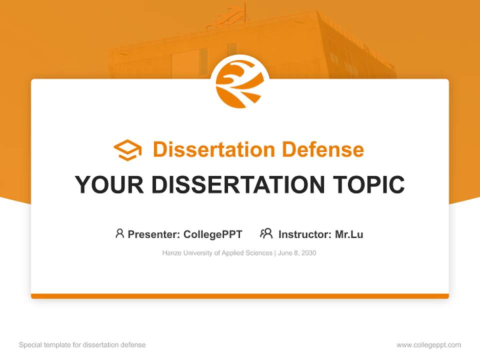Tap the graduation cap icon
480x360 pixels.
(x=127, y=150)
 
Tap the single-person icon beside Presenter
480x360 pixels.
(x=119, y=233)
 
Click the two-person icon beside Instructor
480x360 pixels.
(x=266, y=233)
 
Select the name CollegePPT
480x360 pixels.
(x=213, y=234)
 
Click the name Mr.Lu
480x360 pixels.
(x=349, y=234)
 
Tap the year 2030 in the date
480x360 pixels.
(x=308, y=253)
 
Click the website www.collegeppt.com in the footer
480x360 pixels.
(x=428, y=345)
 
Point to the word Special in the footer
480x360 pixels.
(x=29, y=345)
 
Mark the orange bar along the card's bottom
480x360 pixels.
(x=240, y=296)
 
